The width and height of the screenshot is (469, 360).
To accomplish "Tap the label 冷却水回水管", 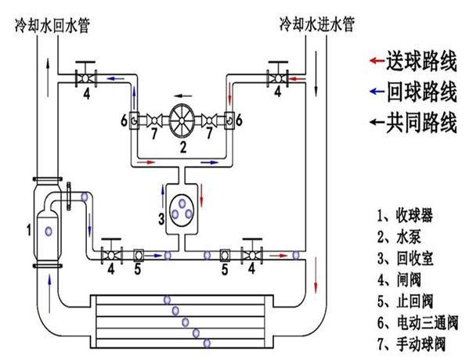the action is [52, 25].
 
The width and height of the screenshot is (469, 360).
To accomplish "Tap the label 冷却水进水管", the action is [317, 24].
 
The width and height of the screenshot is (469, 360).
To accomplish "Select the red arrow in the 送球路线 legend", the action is [377, 61].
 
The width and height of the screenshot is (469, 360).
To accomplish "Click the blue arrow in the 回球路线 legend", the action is [377, 91].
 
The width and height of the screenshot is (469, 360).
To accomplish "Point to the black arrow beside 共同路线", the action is [377, 121].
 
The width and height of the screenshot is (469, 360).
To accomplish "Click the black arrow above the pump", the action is [182, 96].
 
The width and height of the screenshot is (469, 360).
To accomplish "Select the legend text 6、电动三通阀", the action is [418, 323].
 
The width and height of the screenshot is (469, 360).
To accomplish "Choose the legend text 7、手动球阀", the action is [411, 344].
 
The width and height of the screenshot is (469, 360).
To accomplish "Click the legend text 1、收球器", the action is [405, 214].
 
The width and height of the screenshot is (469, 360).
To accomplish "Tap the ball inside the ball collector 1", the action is [49, 231].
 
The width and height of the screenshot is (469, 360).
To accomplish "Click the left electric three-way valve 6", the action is [134, 121].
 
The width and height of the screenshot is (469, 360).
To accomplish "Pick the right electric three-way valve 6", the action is [229, 121].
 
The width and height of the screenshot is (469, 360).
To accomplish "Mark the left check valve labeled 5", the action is [139, 255].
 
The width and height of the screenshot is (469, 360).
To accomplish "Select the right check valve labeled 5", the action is [225, 255].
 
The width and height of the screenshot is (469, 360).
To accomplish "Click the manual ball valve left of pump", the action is [154, 121].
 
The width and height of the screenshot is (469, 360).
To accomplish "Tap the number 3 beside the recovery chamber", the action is [161, 218].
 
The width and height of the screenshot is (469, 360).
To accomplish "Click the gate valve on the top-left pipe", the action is [85, 78].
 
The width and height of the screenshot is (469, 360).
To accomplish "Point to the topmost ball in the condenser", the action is [168, 300].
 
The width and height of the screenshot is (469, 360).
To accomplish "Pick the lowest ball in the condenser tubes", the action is [207, 344].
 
